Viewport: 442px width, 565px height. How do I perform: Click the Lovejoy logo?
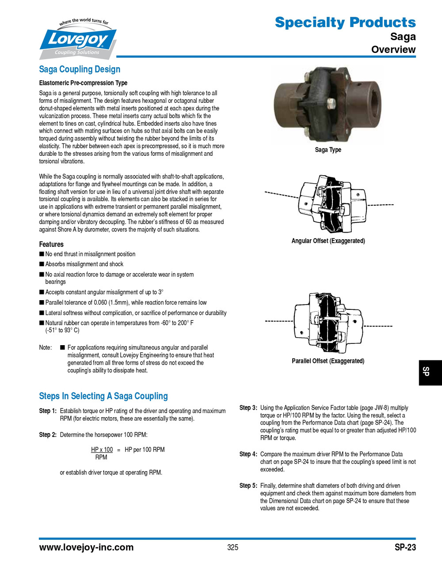[78, 40]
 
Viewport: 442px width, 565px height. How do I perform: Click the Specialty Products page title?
[345, 22]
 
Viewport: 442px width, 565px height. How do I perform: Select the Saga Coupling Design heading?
[80, 69]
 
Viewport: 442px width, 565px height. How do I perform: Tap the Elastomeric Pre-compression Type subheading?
[83, 83]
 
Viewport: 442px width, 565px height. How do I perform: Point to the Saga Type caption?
[328, 150]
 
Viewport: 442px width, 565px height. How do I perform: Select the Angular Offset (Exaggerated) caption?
[328, 241]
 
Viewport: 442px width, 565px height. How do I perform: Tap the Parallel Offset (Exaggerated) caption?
[328, 361]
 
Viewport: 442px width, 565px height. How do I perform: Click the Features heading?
[51, 245]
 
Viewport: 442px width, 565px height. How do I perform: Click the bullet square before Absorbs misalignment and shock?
[42, 264]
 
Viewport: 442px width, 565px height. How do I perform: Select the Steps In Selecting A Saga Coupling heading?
[103, 396]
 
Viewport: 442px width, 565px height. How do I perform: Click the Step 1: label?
[48, 411]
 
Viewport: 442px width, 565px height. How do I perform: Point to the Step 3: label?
[248, 408]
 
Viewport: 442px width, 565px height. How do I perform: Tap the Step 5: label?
[248, 486]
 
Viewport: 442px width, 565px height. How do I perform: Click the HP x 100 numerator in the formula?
[102, 450]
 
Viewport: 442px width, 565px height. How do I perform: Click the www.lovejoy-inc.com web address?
[86, 547]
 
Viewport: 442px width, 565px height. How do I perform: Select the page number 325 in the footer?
[232, 547]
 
